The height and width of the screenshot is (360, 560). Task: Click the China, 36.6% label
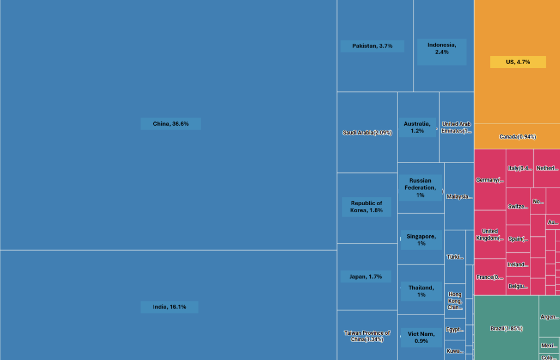171,124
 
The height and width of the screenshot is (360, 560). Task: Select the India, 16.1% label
170,307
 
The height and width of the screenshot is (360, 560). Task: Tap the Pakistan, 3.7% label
372,46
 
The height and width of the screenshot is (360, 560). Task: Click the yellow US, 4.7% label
517,62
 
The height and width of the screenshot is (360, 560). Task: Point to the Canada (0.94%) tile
517,137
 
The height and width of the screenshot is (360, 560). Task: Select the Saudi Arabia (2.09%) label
367,133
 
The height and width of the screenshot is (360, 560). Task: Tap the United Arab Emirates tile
457,127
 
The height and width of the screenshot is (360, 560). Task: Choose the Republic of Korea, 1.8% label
366,207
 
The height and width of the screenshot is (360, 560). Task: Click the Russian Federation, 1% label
420,188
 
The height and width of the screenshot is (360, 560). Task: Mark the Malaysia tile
459,196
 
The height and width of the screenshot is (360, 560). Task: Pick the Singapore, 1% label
421,240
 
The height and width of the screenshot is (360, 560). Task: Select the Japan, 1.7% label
366,277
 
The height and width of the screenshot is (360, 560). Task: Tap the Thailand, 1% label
421,291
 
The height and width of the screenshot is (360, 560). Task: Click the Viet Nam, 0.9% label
421,337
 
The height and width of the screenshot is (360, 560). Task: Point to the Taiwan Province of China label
366,336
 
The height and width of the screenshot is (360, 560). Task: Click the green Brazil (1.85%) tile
506,328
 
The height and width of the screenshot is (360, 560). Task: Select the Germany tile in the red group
489,180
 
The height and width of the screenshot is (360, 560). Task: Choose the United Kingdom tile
489,235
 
